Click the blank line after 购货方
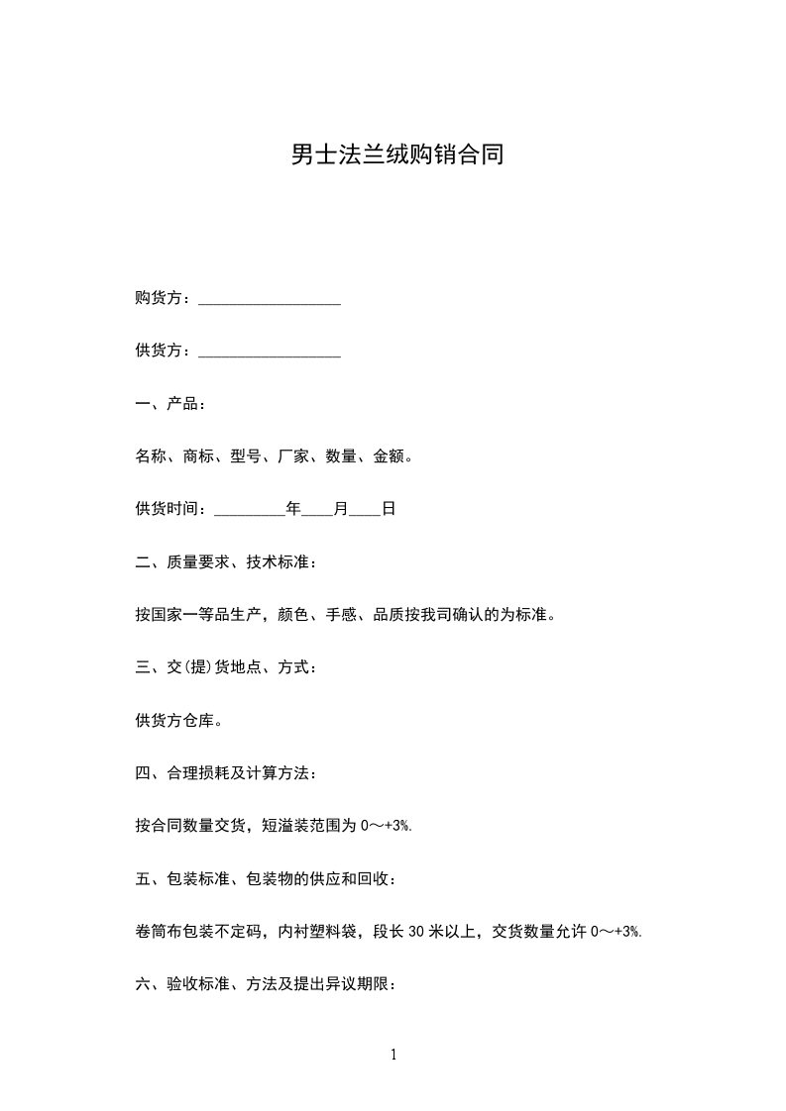(x=270, y=299)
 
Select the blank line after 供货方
(x=270, y=352)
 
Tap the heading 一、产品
(x=170, y=404)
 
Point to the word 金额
(x=389, y=456)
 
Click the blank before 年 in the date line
(x=249, y=510)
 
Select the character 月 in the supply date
(x=341, y=509)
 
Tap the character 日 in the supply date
(x=389, y=509)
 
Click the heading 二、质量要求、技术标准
(x=227, y=562)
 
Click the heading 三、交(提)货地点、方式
(x=227, y=667)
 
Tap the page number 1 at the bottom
(x=393, y=1055)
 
